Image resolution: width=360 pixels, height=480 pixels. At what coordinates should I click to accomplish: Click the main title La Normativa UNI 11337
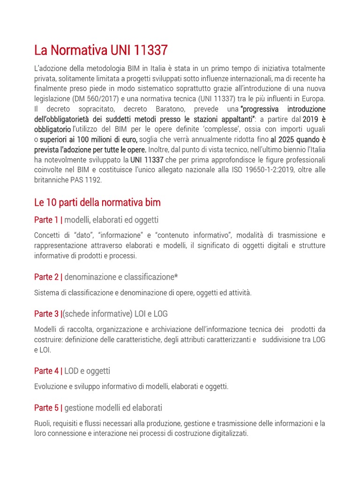[x=101, y=50]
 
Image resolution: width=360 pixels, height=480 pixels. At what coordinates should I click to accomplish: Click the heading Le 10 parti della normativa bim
[x=97, y=202]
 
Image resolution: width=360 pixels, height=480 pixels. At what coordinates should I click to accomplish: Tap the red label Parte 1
[x=46, y=220]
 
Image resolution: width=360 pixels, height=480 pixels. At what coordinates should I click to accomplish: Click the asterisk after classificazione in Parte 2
[x=176, y=277]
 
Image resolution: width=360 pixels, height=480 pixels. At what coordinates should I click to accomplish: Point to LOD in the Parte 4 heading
[x=71, y=371]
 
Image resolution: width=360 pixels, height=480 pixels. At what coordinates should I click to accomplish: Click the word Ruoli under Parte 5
[x=43, y=423]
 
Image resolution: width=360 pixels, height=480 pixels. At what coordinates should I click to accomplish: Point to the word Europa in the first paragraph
[x=313, y=98]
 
